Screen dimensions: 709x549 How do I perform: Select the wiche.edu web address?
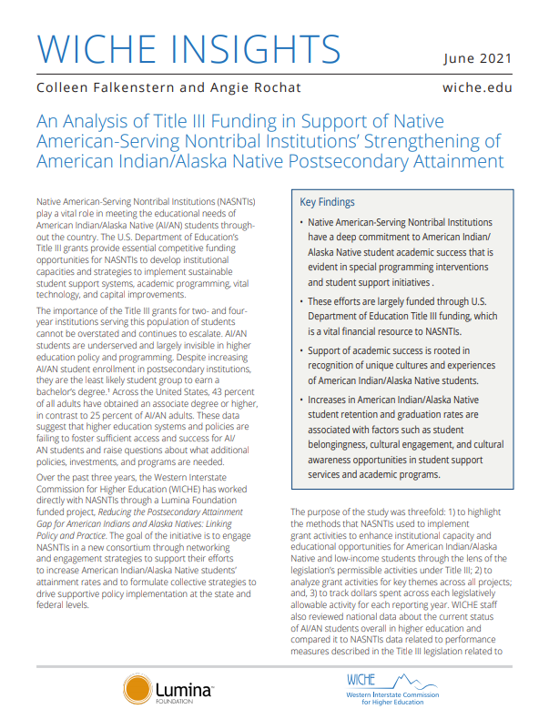476,88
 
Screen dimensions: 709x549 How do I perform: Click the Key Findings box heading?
327,201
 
